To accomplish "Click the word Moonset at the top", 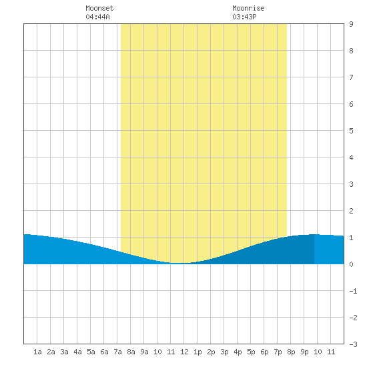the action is click(x=99, y=8).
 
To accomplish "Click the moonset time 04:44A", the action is click(x=97, y=17).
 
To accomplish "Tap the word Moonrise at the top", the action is click(x=248, y=8).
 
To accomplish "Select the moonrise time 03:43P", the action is click(x=244, y=17).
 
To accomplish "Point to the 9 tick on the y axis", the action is click(x=351, y=24).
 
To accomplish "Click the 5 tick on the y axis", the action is click(x=351, y=131).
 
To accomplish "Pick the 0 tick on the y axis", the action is click(x=351, y=264).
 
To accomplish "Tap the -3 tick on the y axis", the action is click(x=353, y=344).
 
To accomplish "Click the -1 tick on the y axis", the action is click(x=353, y=291).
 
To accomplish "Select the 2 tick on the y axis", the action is click(x=351, y=211).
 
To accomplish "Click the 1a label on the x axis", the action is click(x=37, y=352).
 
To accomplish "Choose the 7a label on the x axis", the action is click(x=117, y=352).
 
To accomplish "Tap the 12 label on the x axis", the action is click(x=184, y=352).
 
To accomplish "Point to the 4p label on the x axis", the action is click(x=238, y=352).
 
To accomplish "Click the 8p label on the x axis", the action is click(x=291, y=352).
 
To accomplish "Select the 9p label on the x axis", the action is click(x=304, y=352).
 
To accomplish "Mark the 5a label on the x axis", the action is click(x=91, y=352).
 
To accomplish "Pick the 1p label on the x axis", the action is click(x=198, y=352).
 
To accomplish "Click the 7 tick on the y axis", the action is click(x=351, y=77).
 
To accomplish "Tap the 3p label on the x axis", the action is click(x=224, y=352).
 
